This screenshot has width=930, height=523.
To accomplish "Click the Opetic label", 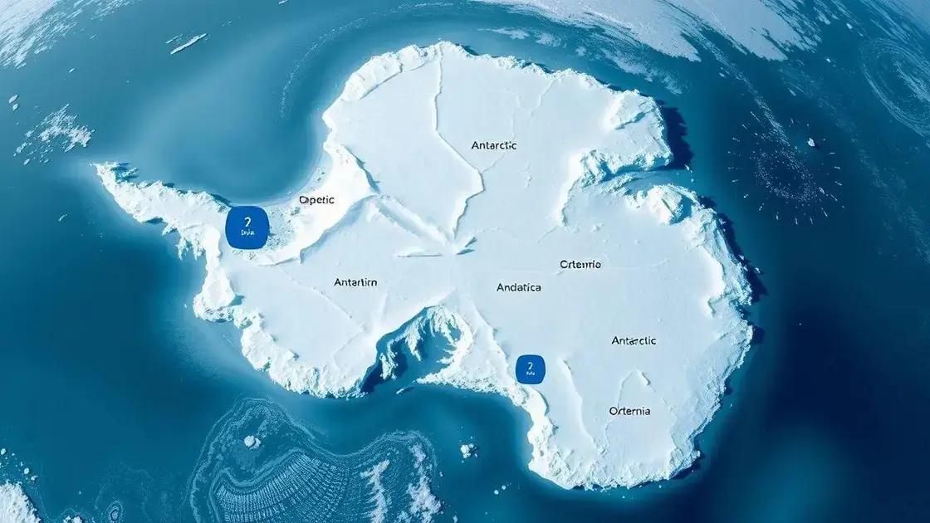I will (x=316, y=200).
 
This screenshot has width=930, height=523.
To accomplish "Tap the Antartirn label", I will (x=355, y=282).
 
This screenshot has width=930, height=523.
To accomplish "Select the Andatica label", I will (x=518, y=287).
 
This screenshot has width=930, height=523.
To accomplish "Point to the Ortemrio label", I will (x=580, y=264).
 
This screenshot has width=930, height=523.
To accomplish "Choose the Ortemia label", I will (x=629, y=411).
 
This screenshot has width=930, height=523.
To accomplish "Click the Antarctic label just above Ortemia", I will (x=634, y=340).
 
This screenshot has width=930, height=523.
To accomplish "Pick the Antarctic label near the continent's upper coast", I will (x=493, y=145).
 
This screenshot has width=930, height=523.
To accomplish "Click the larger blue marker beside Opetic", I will (x=247, y=227).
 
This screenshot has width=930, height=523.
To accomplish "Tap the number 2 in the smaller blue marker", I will (x=529, y=364).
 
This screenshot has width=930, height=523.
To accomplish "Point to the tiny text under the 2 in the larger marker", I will (x=247, y=235).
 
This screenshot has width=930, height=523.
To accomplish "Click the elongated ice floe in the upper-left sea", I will (x=188, y=44).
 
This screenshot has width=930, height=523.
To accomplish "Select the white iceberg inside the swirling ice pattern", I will (x=251, y=442).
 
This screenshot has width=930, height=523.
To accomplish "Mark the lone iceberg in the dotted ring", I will (x=811, y=142).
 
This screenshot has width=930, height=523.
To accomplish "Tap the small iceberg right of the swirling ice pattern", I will (x=467, y=450).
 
